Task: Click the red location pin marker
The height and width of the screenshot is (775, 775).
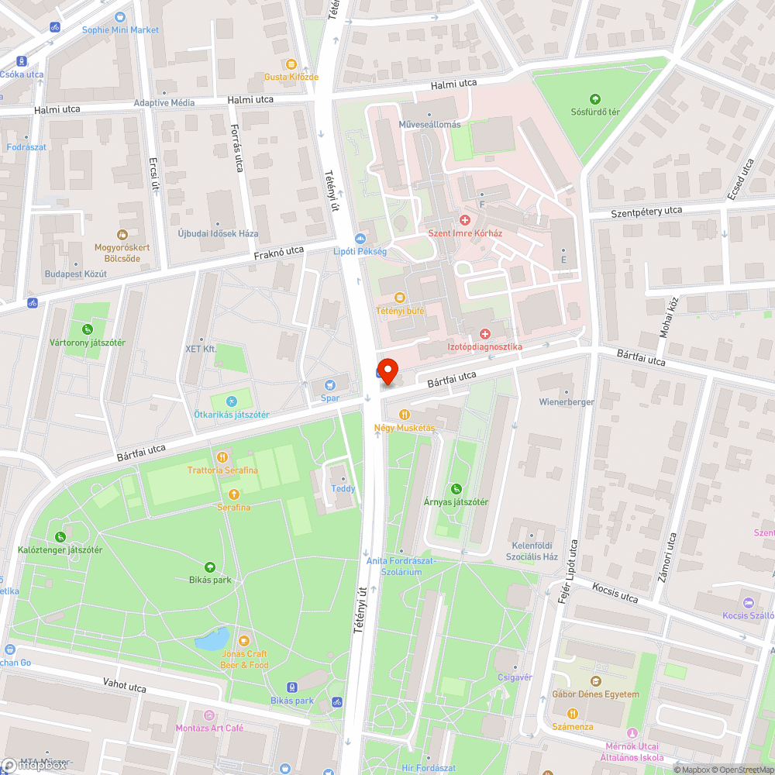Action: point(387,371)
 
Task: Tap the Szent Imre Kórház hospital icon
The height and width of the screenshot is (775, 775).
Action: point(465,220)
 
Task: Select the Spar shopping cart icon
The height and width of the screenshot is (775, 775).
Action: point(330,384)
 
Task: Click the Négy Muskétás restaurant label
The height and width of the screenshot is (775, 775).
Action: point(404,428)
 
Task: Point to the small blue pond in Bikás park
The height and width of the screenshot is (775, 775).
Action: point(212,640)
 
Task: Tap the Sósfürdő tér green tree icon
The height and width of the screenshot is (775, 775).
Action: point(594,98)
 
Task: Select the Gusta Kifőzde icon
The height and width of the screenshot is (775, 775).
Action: point(291,64)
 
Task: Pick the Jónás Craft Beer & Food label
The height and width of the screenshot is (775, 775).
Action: point(244,660)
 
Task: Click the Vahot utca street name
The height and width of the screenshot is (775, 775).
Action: point(125,685)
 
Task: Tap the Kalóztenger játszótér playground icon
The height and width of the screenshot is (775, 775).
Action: point(60,537)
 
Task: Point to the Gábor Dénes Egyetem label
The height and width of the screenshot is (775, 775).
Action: point(594,694)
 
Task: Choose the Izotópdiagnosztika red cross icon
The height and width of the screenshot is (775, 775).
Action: point(485,333)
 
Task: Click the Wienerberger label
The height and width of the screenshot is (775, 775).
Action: point(567,402)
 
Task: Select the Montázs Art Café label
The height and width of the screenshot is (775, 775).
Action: point(209,728)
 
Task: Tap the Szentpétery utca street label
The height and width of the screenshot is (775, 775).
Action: point(646,211)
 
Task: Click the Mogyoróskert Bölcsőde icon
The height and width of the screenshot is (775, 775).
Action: point(122,234)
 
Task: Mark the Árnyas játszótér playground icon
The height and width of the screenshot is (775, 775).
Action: point(456,488)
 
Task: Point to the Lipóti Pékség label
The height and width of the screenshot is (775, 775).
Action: point(360,251)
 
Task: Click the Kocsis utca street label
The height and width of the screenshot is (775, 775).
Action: point(615,594)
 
